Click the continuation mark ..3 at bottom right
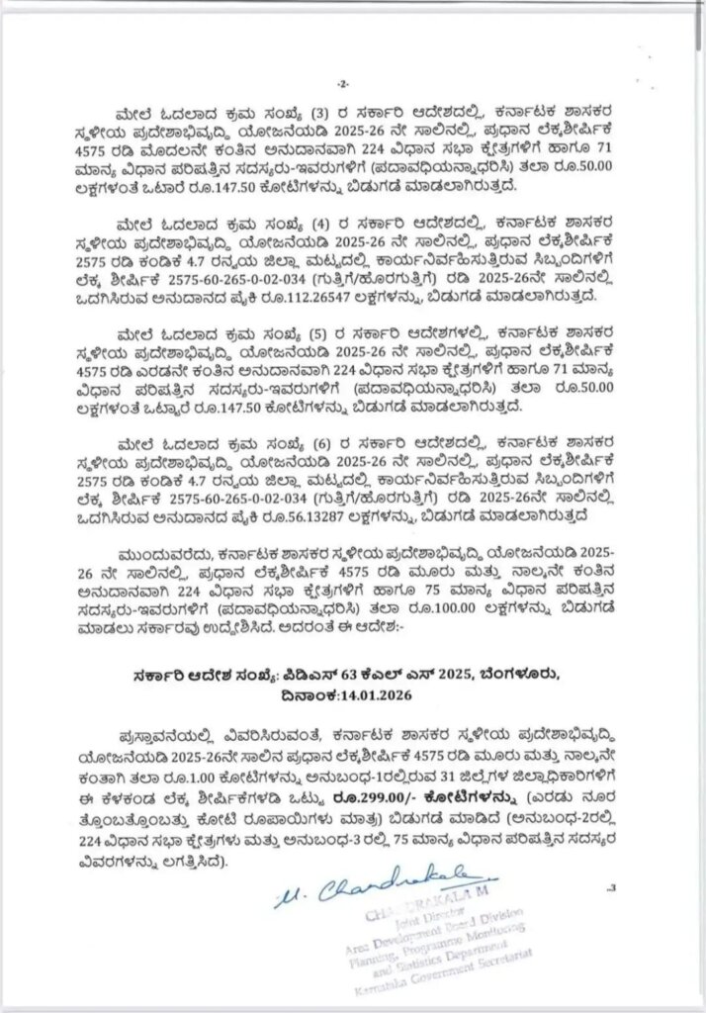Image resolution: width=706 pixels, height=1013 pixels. [612, 886]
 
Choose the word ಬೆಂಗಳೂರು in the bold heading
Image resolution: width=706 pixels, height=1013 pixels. [516, 674]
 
